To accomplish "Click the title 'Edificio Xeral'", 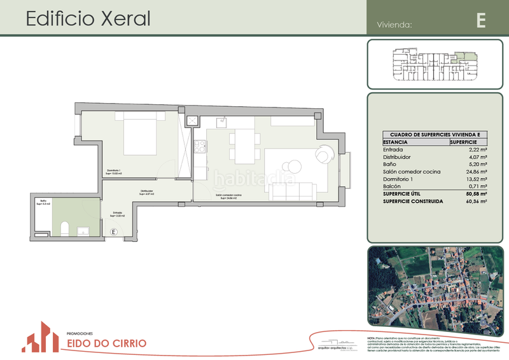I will coord(88,18).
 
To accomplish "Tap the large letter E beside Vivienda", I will coord(481,20).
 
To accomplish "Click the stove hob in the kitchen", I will coord(201,147).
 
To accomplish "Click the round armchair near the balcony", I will coord(324,154).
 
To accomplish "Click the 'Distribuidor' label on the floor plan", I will coord(147,191).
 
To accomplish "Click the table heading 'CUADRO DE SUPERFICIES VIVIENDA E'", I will coord(435,135).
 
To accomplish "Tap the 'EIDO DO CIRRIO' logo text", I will coord(106,343).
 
